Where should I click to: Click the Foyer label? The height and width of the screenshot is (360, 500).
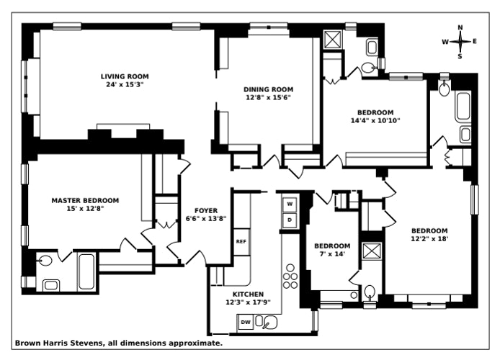click(197, 210)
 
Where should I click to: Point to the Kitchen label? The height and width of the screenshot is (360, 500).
click(248, 294)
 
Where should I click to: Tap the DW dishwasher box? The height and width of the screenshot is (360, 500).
click(246, 323)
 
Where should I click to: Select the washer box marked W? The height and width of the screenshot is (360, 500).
click(290, 204)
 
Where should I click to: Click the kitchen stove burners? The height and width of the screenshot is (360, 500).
click(290, 276)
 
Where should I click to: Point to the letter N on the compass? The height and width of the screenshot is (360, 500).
click(460, 29)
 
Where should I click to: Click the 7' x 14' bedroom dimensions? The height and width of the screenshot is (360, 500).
click(332, 254)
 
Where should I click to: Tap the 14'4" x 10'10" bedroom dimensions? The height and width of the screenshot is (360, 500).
click(375, 120)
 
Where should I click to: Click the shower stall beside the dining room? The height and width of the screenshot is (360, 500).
click(333, 40)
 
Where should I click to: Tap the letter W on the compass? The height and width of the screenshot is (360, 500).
click(446, 42)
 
